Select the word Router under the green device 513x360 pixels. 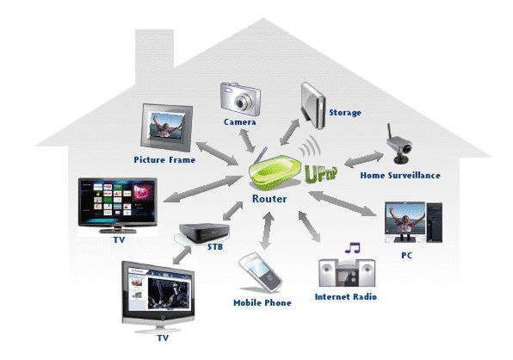coord(269,199)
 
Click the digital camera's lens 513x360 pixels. coord(242,103)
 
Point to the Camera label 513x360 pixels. coord(240,122)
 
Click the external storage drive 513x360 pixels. coord(313,105)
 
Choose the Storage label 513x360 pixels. coord(345,113)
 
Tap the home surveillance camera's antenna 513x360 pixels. coord(390,132)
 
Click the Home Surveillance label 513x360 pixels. coord(400,176)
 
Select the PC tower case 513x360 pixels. coord(434,222)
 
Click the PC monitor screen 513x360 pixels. coord(405,219)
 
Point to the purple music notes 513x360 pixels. coord(353,248)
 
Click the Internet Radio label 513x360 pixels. coord(346,297)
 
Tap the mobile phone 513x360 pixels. coord(260,272)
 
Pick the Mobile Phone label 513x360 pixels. coord(263,303)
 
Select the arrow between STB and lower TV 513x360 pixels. coord(182,255)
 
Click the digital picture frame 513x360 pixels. coord(166,128)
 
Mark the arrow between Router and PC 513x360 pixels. coord(343,203)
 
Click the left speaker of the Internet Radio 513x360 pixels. coord(328,272)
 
